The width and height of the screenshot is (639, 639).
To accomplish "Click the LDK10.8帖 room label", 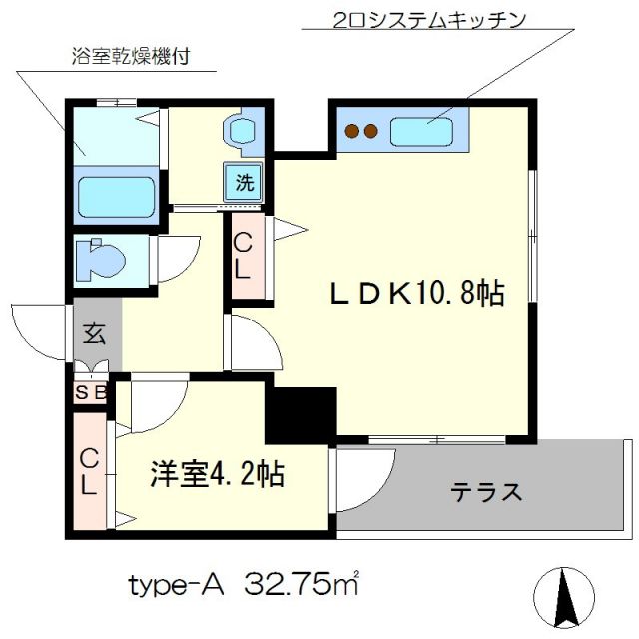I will tap(416, 293).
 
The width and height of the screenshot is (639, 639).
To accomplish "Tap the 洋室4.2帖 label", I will tap(218, 472).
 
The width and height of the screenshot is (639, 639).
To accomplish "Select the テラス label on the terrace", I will tap(486, 492).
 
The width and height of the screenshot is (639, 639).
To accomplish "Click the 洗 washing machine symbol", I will tap(244, 183).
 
